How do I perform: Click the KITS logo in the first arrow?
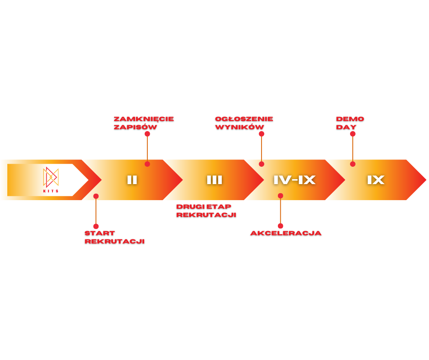(51, 179)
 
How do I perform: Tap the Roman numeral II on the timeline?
(132, 180)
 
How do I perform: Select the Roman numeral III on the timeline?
(214, 180)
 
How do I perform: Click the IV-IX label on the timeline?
(294, 180)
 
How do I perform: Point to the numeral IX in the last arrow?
(376, 180)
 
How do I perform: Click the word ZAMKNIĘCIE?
(144, 119)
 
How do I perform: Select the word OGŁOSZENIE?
(244, 119)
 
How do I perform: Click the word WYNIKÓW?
(240, 127)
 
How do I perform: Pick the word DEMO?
(350, 119)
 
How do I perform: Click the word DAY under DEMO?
(346, 127)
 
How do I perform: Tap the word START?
(99, 233)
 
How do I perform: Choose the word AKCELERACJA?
(286, 233)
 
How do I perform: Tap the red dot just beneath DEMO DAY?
(353, 134)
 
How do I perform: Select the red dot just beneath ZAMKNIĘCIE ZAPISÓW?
(147, 134)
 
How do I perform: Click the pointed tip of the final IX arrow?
(425, 180)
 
